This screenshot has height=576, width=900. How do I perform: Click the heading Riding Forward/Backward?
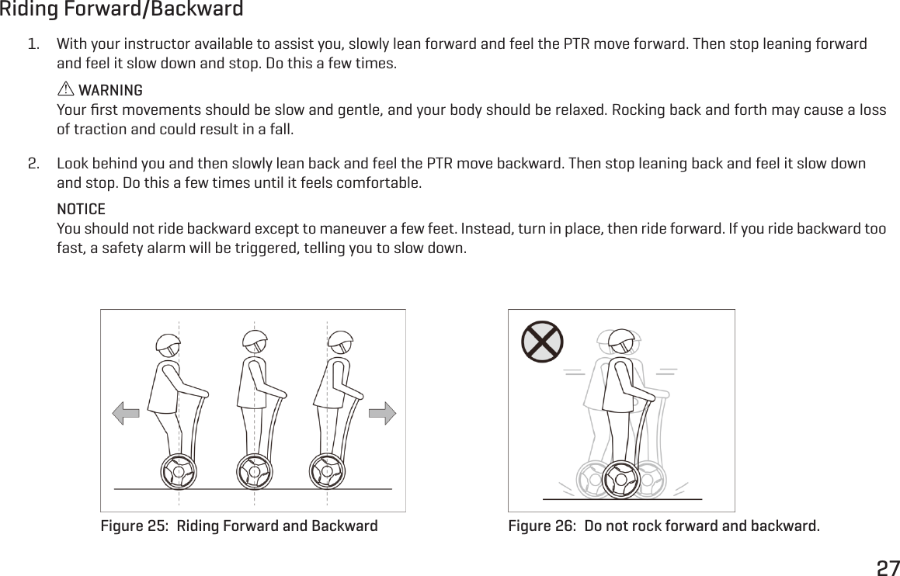coord(121,10)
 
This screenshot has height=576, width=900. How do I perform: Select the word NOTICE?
coord(82,210)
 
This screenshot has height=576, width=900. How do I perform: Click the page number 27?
coord(888,567)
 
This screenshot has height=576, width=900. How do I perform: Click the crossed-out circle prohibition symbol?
coord(542,342)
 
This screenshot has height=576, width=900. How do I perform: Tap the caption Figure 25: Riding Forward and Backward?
coord(239,526)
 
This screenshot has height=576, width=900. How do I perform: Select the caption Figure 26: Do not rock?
coord(663,526)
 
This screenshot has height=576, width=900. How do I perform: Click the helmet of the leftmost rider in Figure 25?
coord(168,344)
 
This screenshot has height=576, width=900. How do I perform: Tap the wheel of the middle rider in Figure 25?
coord(253,472)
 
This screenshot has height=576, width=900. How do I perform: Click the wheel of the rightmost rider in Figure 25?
coord(327,472)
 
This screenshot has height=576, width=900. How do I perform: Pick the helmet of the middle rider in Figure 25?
coord(255,341)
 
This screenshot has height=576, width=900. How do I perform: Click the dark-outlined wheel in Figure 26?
coord(620,480)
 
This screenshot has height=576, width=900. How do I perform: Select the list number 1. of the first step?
coord(33,43)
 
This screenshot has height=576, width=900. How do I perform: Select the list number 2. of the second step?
coord(33,165)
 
